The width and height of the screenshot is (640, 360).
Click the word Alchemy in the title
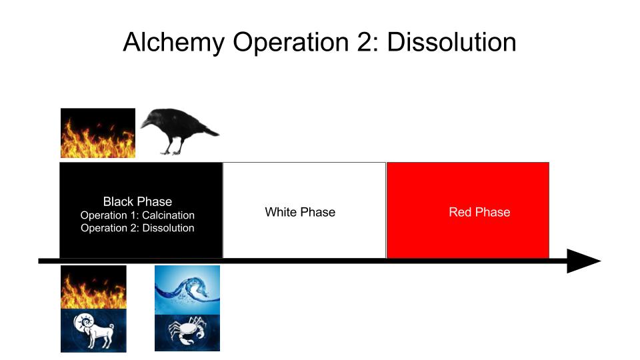click(x=174, y=43)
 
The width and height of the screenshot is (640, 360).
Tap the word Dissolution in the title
click(x=451, y=41)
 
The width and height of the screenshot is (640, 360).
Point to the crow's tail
click(x=209, y=131)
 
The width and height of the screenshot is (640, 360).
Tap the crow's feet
click(x=171, y=152)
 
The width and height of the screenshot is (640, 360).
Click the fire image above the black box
click(x=98, y=133)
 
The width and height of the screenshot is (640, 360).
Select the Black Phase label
click(x=137, y=201)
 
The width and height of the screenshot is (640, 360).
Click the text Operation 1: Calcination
click(x=137, y=215)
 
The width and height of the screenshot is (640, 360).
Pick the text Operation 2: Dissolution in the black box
click(x=137, y=228)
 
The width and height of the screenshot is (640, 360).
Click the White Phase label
click(x=300, y=212)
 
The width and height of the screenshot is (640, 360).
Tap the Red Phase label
click(x=479, y=212)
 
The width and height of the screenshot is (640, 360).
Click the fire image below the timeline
click(x=93, y=287)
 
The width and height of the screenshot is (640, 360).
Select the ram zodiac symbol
click(x=93, y=331)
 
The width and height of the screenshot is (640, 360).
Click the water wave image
click(x=187, y=290)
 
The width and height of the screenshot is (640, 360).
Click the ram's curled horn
click(x=85, y=321)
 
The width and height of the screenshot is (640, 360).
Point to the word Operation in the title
click(x=291, y=43)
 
